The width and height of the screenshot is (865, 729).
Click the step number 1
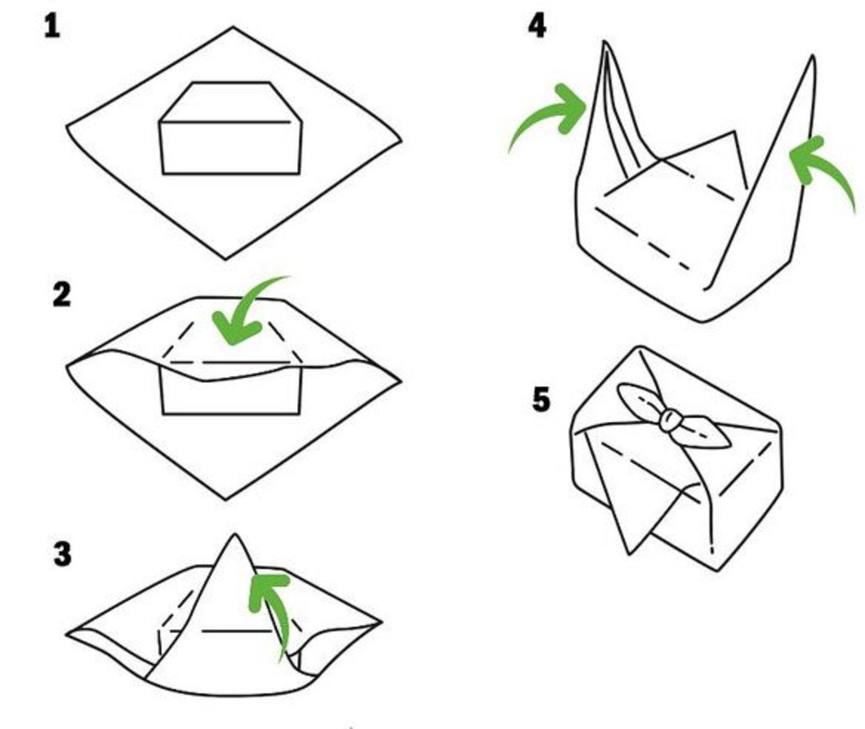click(52, 27)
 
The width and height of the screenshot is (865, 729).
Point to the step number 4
click(537, 27)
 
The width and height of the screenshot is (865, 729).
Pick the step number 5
click(541, 399)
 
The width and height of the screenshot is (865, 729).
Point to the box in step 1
click(230, 133)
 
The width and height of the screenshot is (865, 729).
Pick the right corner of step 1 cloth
click(399, 142)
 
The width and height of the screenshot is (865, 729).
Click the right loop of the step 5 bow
click(707, 433)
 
